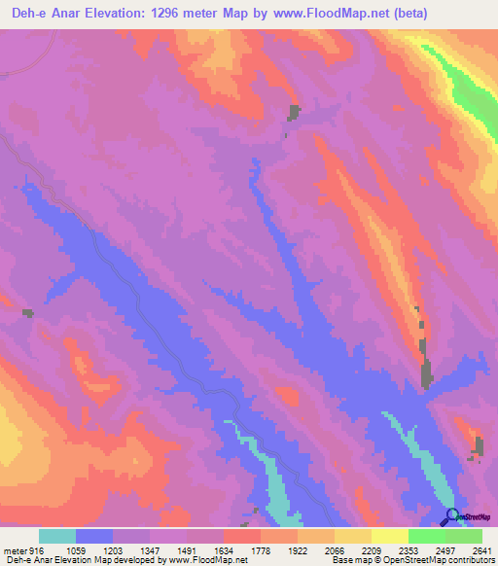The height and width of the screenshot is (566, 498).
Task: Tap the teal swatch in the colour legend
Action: coord(57,536)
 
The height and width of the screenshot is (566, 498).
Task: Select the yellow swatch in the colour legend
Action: coord(389,536)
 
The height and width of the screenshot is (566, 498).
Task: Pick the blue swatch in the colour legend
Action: coord(94,536)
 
